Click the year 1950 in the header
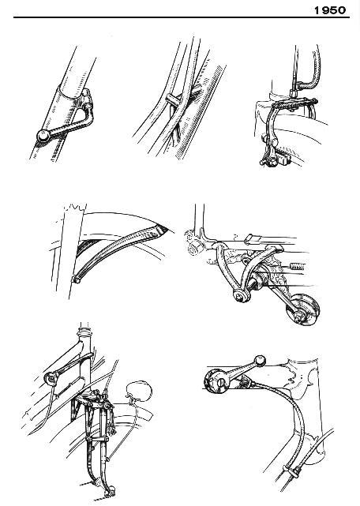tap(330, 10)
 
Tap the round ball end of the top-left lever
tap(43, 137)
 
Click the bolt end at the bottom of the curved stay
tap(77, 279)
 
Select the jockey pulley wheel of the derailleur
tap(303, 309)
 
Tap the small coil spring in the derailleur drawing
tap(298, 266)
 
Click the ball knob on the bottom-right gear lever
tap(261, 361)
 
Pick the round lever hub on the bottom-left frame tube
tap(51, 378)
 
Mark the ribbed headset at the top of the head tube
tap(84, 332)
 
